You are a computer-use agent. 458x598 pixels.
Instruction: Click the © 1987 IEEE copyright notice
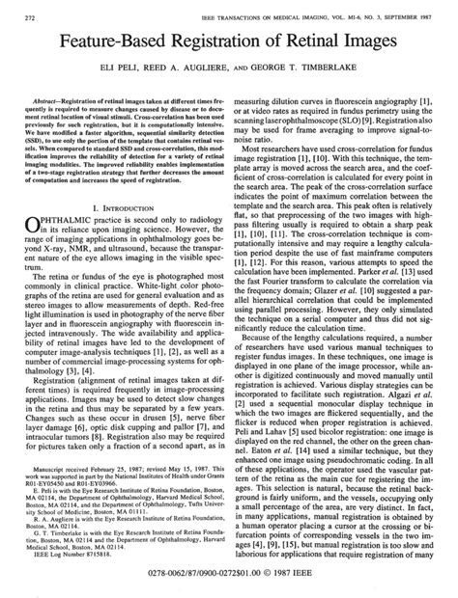(x=300, y=584)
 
